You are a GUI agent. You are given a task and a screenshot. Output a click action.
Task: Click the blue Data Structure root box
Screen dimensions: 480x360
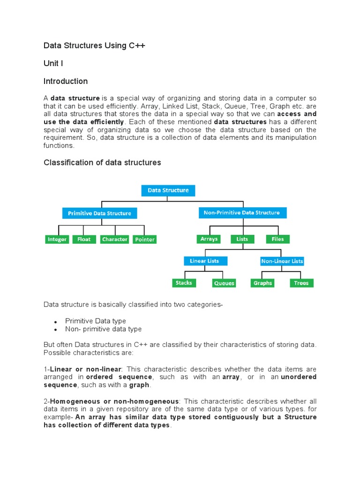(168, 190)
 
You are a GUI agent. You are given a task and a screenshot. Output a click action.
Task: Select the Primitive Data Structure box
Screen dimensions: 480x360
(99, 213)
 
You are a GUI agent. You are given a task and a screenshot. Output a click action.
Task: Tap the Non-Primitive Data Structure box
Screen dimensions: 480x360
(241, 213)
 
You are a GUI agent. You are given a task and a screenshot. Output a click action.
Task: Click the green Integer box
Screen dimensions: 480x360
(57, 240)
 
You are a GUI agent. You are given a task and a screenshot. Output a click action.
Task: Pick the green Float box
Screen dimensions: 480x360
(84, 240)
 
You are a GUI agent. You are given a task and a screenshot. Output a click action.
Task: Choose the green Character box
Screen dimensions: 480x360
(115, 240)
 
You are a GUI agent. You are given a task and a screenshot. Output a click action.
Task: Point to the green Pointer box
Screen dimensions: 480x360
(144, 240)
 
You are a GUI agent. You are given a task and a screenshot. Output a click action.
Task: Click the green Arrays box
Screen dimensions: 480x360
(209, 239)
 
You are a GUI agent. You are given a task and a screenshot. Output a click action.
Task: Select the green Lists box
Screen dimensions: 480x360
(242, 239)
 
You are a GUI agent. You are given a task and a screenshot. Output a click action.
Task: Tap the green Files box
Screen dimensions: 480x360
(278, 239)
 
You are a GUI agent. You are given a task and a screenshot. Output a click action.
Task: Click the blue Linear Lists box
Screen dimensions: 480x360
(204, 261)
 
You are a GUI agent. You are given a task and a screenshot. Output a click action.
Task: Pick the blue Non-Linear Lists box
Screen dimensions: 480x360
(282, 261)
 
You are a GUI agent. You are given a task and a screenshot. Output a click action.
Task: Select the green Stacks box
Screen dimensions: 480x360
(184, 283)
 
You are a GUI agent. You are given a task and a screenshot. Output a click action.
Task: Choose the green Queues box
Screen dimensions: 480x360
(224, 283)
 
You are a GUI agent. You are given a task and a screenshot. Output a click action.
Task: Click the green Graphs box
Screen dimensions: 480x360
(262, 283)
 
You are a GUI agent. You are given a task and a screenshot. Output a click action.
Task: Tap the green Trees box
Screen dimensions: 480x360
(301, 283)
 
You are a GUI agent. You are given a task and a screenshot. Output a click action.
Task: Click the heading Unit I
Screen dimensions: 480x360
(53, 63)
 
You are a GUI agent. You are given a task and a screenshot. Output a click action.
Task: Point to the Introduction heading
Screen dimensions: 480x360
(66, 81)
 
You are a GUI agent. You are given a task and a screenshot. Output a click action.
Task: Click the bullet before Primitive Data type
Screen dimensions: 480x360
(55, 322)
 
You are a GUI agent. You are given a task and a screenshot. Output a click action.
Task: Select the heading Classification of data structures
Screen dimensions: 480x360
(102, 163)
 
